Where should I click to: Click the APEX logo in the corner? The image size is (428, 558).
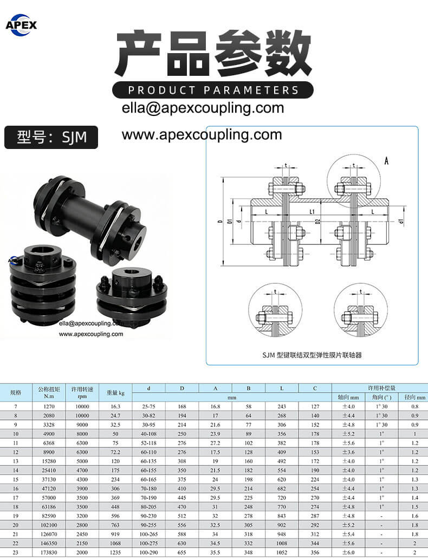21,25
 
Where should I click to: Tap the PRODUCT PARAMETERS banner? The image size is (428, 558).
213,90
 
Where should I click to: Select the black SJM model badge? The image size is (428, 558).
51,137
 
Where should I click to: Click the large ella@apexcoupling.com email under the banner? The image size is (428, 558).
203,107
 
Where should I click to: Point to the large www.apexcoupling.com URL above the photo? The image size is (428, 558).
202,134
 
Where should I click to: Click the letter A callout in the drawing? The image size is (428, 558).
386,161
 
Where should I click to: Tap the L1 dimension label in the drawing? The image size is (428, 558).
312,212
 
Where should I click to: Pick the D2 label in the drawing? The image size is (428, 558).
318,222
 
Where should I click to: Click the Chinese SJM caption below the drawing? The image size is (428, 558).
312,355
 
